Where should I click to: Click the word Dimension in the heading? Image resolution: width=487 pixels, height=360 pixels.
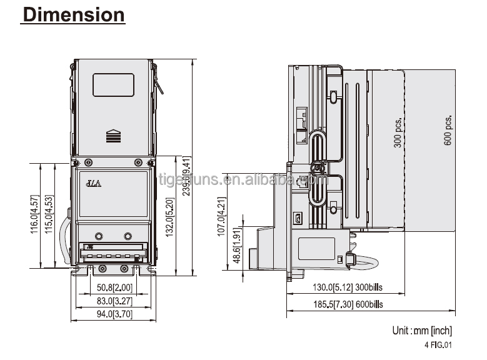[73, 14]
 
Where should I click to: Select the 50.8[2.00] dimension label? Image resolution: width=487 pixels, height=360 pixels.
[114, 289]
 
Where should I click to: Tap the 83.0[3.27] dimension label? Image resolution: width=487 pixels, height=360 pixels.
[114, 302]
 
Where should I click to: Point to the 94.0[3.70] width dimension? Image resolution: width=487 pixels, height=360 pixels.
[114, 315]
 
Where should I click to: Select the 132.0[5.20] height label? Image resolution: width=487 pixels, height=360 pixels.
[169, 216]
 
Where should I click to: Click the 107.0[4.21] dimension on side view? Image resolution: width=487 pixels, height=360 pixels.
[221, 217]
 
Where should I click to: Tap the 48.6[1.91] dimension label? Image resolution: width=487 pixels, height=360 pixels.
[235, 246]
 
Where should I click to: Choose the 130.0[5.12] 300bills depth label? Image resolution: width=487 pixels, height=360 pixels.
[348, 289]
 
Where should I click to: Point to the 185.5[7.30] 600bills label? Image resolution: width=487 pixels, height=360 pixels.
[348, 304]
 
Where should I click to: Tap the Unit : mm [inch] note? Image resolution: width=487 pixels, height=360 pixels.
[422, 331]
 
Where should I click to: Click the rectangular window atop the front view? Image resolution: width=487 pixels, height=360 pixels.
[113, 85]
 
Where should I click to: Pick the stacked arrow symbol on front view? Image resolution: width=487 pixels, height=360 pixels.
[113, 136]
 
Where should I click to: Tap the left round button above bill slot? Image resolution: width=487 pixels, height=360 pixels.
[99, 236]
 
